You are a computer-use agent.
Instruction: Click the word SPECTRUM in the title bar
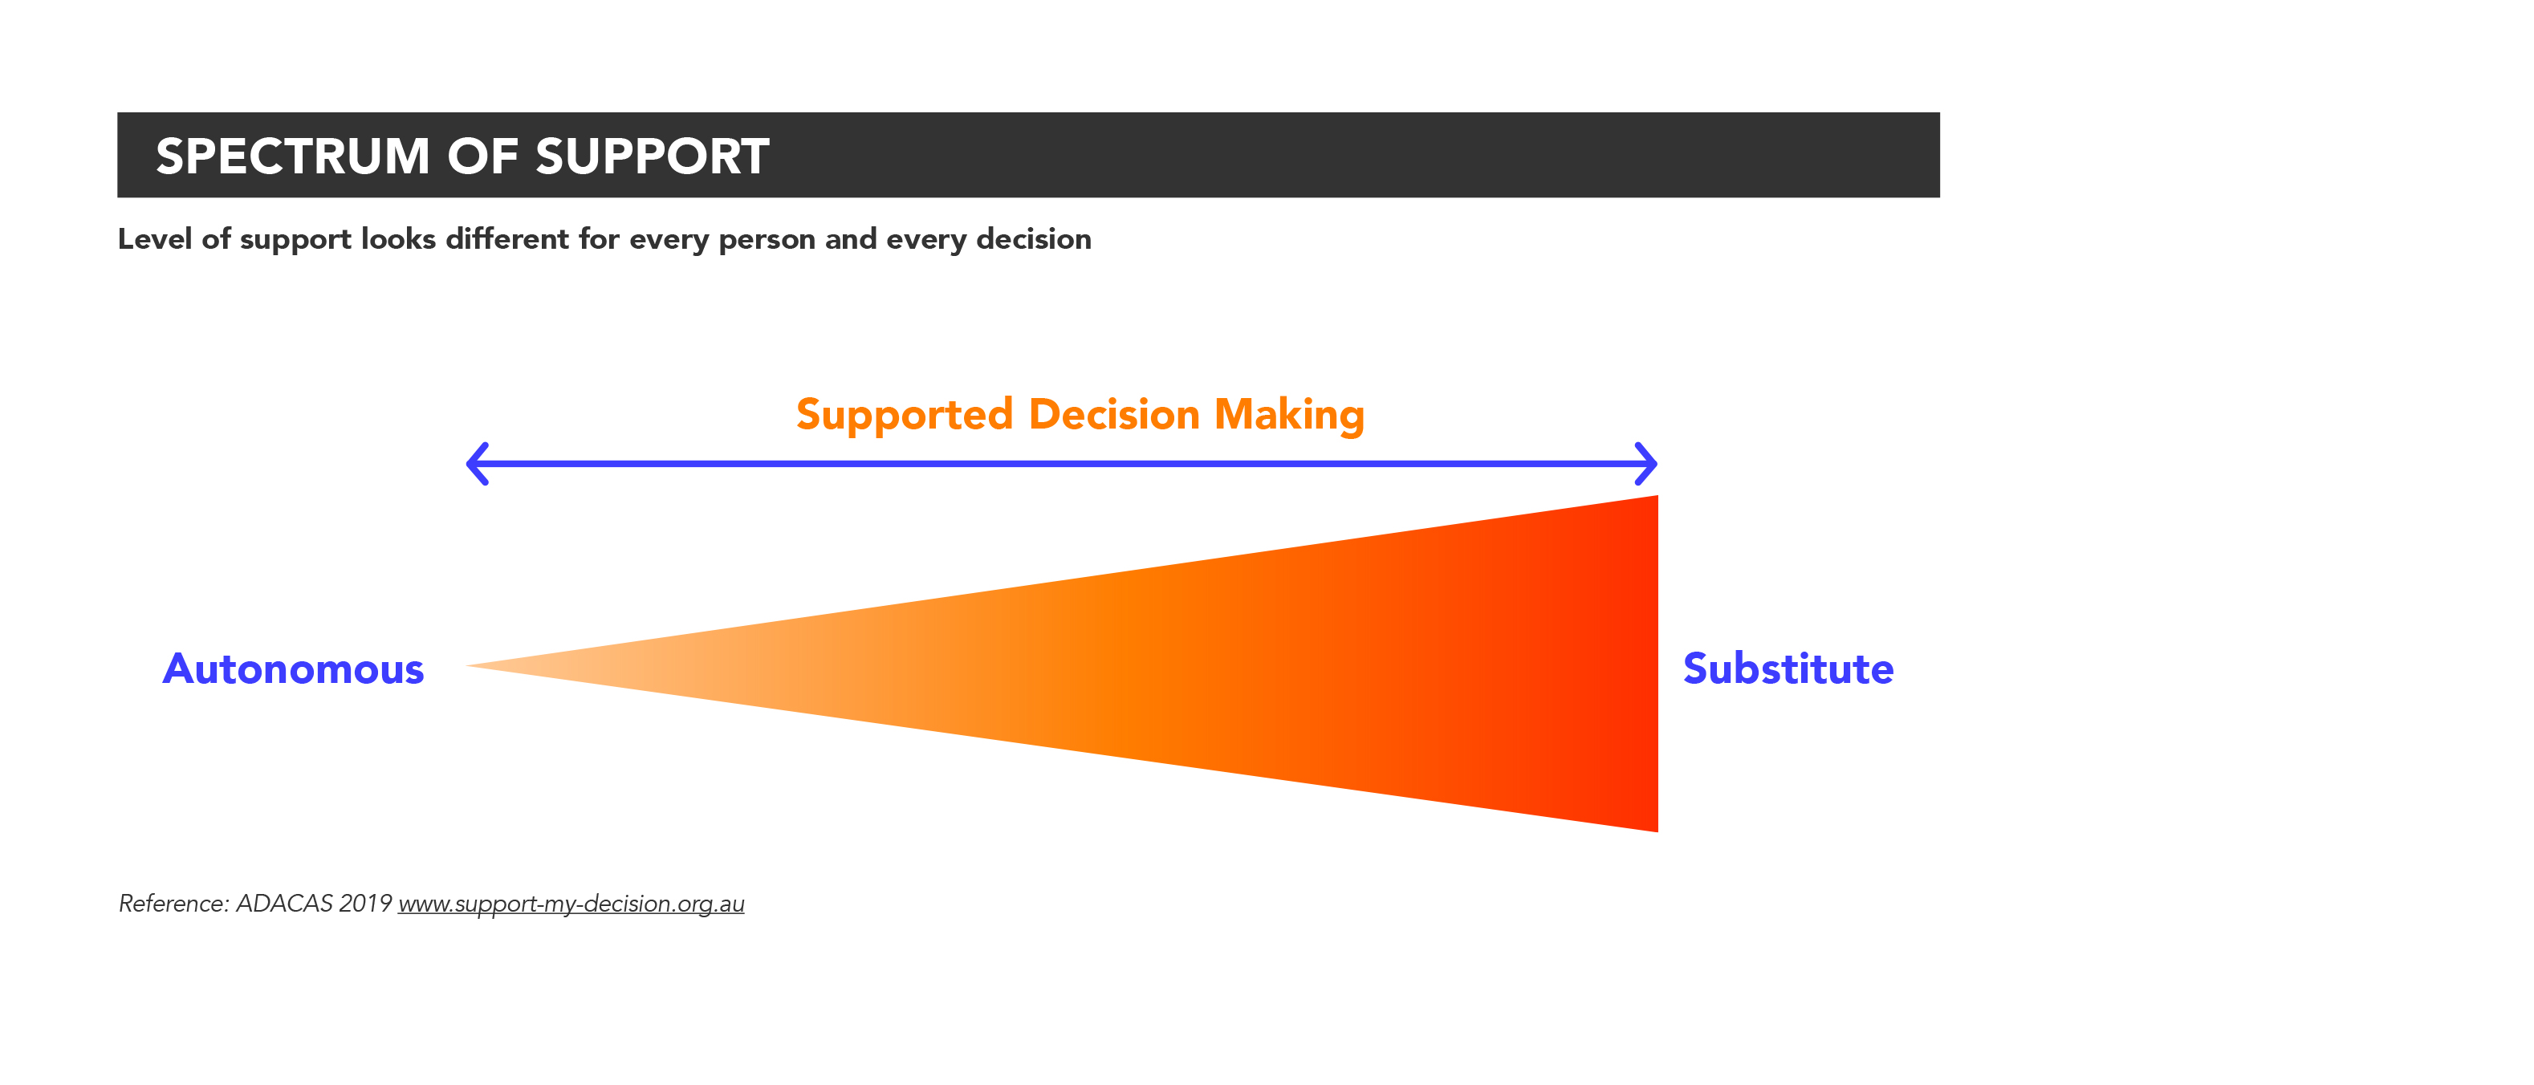click(x=293, y=156)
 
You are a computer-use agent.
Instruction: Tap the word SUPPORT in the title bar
click(x=653, y=156)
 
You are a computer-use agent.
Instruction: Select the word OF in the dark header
click(x=483, y=156)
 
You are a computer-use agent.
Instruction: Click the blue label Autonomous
click(x=293, y=669)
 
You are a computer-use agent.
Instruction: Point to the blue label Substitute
click(x=1788, y=669)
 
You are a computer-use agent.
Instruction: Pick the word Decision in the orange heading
click(x=1113, y=414)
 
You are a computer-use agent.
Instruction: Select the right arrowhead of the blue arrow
click(x=1645, y=463)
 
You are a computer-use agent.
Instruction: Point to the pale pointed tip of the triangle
click(x=467, y=666)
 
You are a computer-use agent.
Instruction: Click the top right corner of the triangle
click(x=1657, y=496)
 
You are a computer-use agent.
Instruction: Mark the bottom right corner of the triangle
click(x=1657, y=831)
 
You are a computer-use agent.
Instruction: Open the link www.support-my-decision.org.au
click(x=571, y=904)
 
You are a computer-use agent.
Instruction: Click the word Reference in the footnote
click(x=174, y=903)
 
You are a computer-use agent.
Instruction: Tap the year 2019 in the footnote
click(x=365, y=903)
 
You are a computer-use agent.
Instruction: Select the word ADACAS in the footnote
click(x=284, y=903)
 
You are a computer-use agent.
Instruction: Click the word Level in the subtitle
click(x=156, y=238)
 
